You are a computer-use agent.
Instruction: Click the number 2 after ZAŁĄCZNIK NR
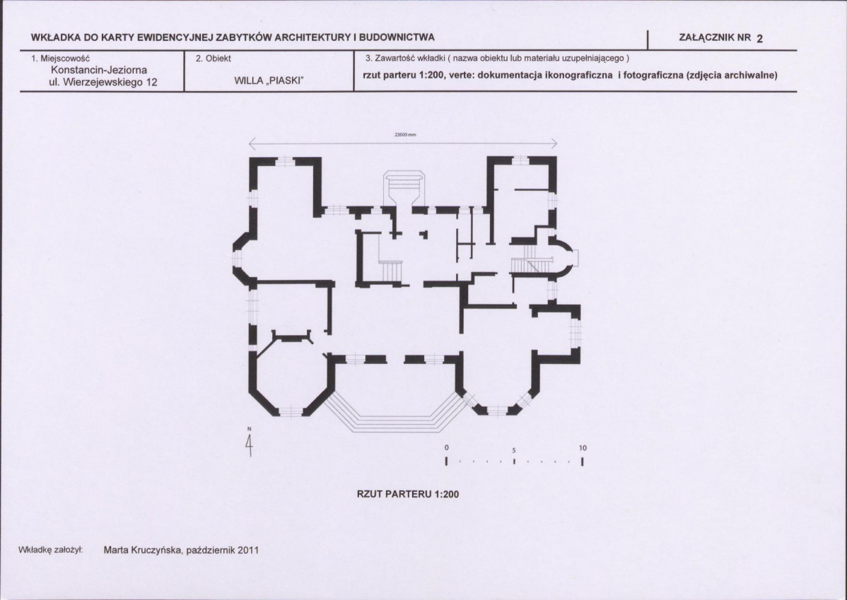[x=759, y=38]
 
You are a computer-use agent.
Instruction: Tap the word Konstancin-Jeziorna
[x=99, y=70]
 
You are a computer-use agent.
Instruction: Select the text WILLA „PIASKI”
[x=269, y=81]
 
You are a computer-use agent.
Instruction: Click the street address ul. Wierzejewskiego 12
[x=103, y=82]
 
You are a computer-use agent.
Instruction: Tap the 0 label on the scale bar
[x=447, y=448]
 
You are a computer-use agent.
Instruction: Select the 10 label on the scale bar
[x=583, y=448]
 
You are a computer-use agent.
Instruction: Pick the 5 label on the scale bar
[x=514, y=450]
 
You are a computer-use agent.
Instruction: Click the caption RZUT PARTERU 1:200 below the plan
[x=408, y=494]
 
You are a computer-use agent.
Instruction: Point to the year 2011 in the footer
[x=248, y=551]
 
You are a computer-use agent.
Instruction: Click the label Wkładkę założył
[x=50, y=550]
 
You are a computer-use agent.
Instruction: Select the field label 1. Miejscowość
[x=61, y=59]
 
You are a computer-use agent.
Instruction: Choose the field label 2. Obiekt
[x=214, y=59]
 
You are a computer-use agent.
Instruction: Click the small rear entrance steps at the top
[x=404, y=187]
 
